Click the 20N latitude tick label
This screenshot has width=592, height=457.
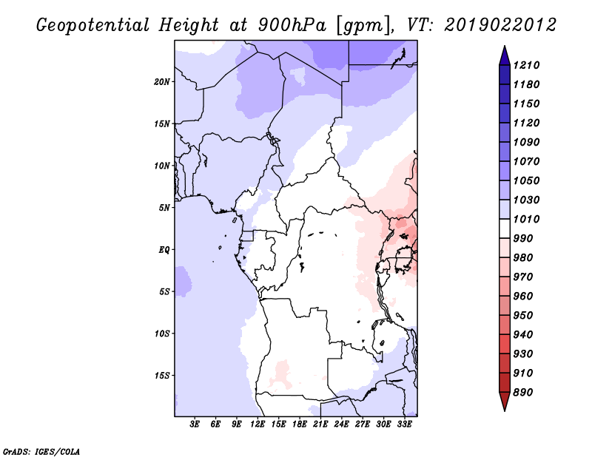pyautogui.click(x=162, y=81)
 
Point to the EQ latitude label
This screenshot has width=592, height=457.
pyautogui.click(x=164, y=249)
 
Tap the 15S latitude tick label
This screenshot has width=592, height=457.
pyautogui.click(x=162, y=376)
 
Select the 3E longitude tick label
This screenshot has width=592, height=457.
pyautogui.click(x=195, y=424)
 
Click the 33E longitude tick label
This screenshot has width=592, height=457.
pyautogui.click(x=404, y=424)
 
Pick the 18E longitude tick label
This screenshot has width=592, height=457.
pyautogui.click(x=300, y=424)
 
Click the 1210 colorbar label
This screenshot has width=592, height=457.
pyautogui.click(x=526, y=65)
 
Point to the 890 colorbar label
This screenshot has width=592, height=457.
pyautogui.click(x=523, y=393)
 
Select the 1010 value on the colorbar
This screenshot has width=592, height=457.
pyautogui.click(x=526, y=219)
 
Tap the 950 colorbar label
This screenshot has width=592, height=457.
pyautogui.click(x=523, y=316)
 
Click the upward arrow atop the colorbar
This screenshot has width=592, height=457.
pyautogui.click(x=505, y=55)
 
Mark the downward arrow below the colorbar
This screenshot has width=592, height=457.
pyautogui.click(x=505, y=402)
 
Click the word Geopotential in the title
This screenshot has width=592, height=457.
pyautogui.click(x=93, y=25)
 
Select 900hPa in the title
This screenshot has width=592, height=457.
pyautogui.click(x=292, y=25)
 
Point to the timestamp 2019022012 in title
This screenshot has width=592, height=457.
pyautogui.click(x=500, y=25)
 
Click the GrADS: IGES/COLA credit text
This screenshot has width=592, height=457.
pyautogui.click(x=41, y=452)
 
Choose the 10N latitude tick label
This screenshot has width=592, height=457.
pyautogui.click(x=162, y=166)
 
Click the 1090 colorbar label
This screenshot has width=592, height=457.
pyautogui.click(x=526, y=142)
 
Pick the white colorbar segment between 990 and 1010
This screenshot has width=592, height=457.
pyautogui.click(x=505, y=228)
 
